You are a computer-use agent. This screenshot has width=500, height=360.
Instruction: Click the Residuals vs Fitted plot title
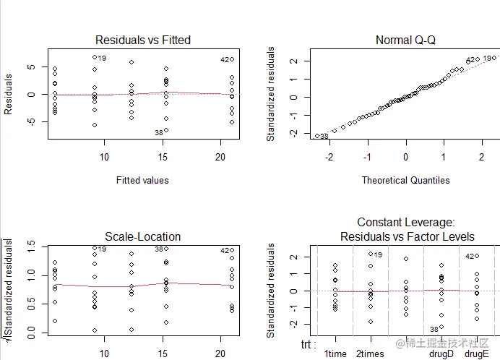coord(142,40)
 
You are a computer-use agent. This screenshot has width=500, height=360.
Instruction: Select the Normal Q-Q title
coord(405,40)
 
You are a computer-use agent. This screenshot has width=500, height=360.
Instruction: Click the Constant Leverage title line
coord(405,223)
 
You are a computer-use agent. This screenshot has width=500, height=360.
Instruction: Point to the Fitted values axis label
coord(142,180)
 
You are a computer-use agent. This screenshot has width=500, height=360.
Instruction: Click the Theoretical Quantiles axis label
coord(405,180)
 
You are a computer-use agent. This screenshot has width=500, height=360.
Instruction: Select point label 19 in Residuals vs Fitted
coord(102,59)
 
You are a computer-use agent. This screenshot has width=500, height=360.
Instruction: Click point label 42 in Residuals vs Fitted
coord(225,59)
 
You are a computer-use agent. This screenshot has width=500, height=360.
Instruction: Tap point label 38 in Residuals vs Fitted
coord(158,133)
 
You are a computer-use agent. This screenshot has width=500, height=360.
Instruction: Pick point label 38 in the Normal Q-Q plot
coord(324,136)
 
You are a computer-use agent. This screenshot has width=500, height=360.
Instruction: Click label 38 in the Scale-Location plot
coord(159,249)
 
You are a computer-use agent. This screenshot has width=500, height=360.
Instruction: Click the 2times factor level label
coord(370,354)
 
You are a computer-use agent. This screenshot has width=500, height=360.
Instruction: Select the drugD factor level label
coord(441,354)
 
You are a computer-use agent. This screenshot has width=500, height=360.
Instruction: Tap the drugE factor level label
coord(476,354)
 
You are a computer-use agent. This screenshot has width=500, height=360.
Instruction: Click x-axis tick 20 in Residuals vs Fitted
coord(220,158)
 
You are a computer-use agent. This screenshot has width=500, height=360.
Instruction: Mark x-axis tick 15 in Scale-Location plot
coord(163,353)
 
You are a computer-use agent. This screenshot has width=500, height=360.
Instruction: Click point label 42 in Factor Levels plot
coord(469,256)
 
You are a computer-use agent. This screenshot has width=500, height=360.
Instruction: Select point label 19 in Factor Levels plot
coord(378,254)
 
